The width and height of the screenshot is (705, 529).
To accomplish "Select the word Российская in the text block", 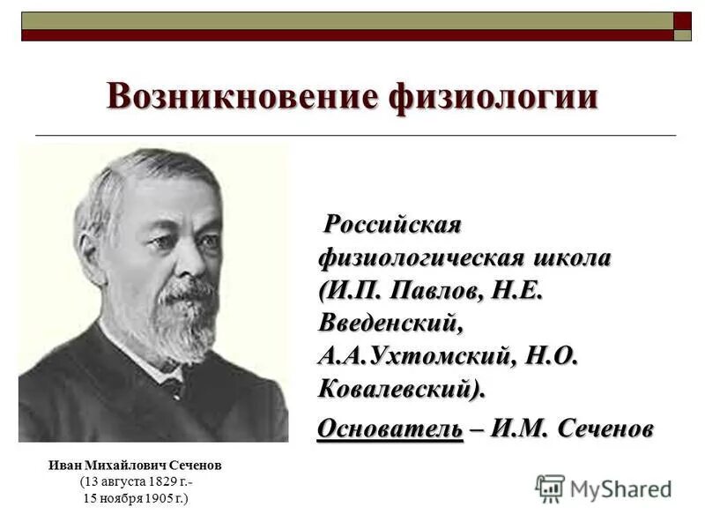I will [x=393, y=225].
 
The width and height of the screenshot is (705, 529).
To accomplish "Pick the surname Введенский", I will [x=390, y=323].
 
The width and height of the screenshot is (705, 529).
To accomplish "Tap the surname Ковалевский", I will [x=401, y=388].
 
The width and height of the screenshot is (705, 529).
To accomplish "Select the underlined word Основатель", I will [x=390, y=429].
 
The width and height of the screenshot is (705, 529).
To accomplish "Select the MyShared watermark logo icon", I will [x=550, y=488].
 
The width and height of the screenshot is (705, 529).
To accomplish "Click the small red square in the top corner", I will [x=683, y=19].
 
